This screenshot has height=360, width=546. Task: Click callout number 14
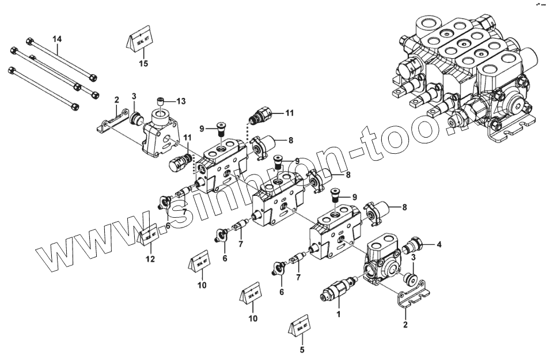click(x=57, y=39)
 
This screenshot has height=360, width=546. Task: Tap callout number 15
click(x=143, y=63)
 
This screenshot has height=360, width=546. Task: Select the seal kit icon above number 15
click(x=139, y=40)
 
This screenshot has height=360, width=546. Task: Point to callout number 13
click(x=181, y=101)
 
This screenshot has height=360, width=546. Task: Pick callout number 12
click(x=150, y=259)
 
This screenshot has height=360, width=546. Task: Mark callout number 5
click(x=302, y=349)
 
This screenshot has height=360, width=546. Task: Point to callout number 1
click(x=339, y=314)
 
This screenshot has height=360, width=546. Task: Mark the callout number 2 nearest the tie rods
click(x=116, y=100)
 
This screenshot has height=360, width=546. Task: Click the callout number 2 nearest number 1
click(x=405, y=325)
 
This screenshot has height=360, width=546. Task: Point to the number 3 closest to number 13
click(x=134, y=96)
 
